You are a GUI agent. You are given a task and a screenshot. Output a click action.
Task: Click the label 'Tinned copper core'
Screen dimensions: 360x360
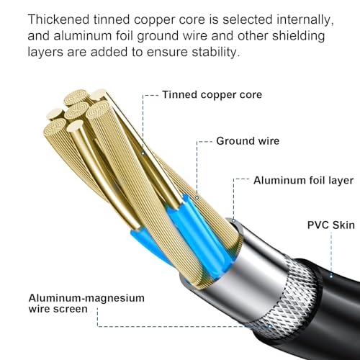tap(212, 94)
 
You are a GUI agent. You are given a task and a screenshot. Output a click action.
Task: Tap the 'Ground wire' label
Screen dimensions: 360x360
tap(248, 141)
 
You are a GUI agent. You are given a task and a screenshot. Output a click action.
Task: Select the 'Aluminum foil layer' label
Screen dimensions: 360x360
tap(303, 180)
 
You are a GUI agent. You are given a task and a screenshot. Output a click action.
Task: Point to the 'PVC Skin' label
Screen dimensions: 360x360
tap(331, 225)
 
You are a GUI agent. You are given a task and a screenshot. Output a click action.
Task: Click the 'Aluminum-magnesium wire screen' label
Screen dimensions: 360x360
tap(86, 303)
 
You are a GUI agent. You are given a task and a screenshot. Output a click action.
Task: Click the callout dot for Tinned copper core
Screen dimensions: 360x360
tap(143, 153)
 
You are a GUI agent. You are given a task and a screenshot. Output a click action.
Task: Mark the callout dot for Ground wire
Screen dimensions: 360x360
tap(197, 197)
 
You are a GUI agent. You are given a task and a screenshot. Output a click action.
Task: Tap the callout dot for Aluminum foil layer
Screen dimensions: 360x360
tap(233, 220)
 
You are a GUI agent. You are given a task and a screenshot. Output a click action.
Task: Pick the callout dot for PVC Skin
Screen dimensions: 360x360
tap(331, 276)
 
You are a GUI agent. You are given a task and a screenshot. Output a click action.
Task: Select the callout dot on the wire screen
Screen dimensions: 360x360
tap(270, 326)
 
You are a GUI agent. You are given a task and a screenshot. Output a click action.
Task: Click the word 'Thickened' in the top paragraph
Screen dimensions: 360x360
tap(58, 19)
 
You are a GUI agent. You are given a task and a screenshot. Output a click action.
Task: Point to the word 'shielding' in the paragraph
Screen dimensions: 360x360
tap(298, 36)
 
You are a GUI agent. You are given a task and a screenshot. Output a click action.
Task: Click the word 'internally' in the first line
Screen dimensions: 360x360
tap(305, 20)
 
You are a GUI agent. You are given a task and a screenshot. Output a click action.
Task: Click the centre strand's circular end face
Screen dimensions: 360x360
tap(77, 111)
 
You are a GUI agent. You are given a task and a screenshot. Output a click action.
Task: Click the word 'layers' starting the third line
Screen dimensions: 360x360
tap(45, 53)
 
